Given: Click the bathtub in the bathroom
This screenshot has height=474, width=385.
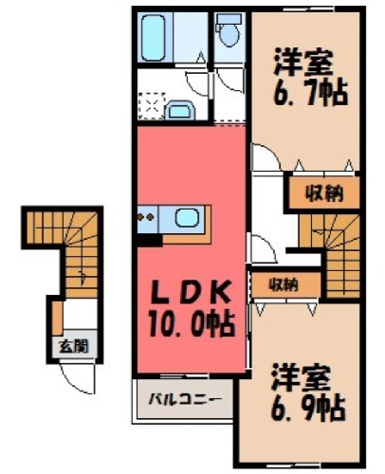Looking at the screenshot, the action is click(x=154, y=38).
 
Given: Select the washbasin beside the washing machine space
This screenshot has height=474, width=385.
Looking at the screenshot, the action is click(x=180, y=110).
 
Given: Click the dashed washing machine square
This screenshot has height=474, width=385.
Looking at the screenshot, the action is click(x=152, y=106).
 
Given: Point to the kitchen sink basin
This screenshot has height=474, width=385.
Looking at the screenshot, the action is click(x=187, y=218).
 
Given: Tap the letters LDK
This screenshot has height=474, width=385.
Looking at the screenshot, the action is click(x=190, y=294).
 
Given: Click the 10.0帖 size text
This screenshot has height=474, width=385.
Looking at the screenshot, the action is click(x=192, y=324).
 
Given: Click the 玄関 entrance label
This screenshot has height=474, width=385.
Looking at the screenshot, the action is click(x=74, y=346).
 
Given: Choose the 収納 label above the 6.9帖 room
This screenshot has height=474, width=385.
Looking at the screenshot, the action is click(x=284, y=285).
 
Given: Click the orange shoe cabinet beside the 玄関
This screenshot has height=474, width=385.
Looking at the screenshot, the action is click(x=57, y=319).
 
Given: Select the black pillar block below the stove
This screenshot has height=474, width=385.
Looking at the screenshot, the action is click(x=150, y=240).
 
